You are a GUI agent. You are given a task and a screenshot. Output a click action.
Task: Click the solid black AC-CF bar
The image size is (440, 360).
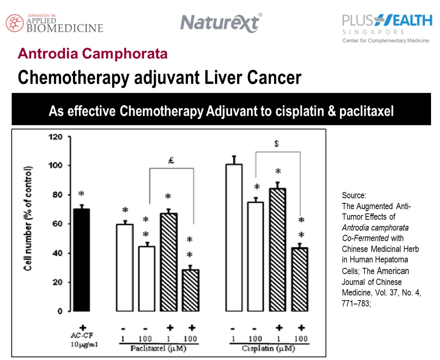point(82,260)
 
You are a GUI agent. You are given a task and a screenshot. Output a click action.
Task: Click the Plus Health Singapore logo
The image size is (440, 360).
point(386,28)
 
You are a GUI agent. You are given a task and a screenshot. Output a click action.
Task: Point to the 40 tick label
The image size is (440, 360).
point(56,253)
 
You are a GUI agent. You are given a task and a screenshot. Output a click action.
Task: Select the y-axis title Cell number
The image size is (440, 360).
point(29,219)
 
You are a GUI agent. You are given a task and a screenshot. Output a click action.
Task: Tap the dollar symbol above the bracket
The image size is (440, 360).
point(277,144)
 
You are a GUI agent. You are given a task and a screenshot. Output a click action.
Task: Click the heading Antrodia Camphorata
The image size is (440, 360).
point(93,54)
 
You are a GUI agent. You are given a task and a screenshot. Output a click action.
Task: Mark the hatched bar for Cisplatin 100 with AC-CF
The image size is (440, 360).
point(301,279)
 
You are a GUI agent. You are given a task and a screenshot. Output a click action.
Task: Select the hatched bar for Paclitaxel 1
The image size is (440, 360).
point(169,262)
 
